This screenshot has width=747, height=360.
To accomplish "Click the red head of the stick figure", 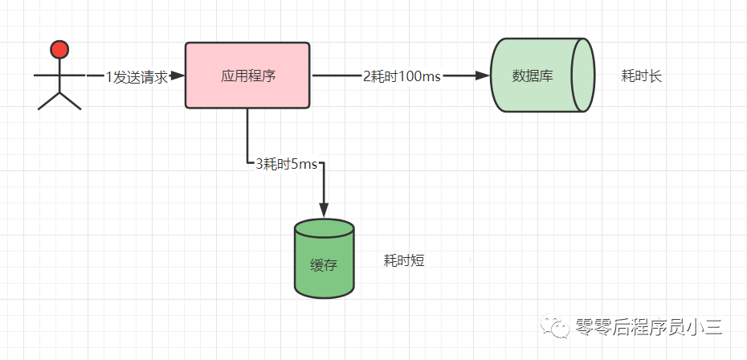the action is point(59,49).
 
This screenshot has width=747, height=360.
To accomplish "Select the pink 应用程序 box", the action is point(247,76).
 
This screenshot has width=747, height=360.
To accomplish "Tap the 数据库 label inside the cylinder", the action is point(533,76).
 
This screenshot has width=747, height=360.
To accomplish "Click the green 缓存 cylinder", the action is point(324,259).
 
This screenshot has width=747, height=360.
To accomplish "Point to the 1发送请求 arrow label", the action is point(137,77).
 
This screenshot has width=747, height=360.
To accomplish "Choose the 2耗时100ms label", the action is point(402,76).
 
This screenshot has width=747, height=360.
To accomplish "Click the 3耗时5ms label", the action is point(286,165).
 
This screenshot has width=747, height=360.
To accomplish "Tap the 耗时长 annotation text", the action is point(642,76).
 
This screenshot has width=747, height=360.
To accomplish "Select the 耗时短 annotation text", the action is point(404,260).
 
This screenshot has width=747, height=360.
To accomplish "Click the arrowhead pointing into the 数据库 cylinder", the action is point(483,76).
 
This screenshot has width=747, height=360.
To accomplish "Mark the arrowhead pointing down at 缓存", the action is point(324,210).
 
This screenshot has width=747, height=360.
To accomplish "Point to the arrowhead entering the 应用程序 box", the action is point(178,76).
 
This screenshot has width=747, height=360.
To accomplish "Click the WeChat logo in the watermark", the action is point(554,326).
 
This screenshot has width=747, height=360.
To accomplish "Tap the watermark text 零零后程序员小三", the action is point(649,327).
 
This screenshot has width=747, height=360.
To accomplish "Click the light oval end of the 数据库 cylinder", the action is point(583,76).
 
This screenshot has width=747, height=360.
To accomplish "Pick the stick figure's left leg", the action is point(48,100).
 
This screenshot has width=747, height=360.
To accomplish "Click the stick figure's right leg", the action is point(71,100).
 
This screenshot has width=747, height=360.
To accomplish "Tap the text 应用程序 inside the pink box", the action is point(248,76).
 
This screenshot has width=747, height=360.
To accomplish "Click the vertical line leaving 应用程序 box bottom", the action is point(247,137).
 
